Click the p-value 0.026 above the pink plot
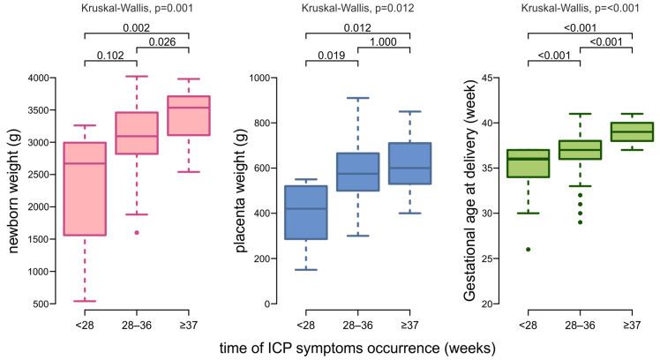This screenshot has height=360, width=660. tap(163, 43)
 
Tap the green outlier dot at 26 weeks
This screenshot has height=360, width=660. tap(527, 249)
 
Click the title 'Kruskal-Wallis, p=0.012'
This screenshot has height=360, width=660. tap(358, 9)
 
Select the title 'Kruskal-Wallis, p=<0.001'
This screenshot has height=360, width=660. tap(580, 9)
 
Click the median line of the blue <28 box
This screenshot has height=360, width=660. tap(305, 208)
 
